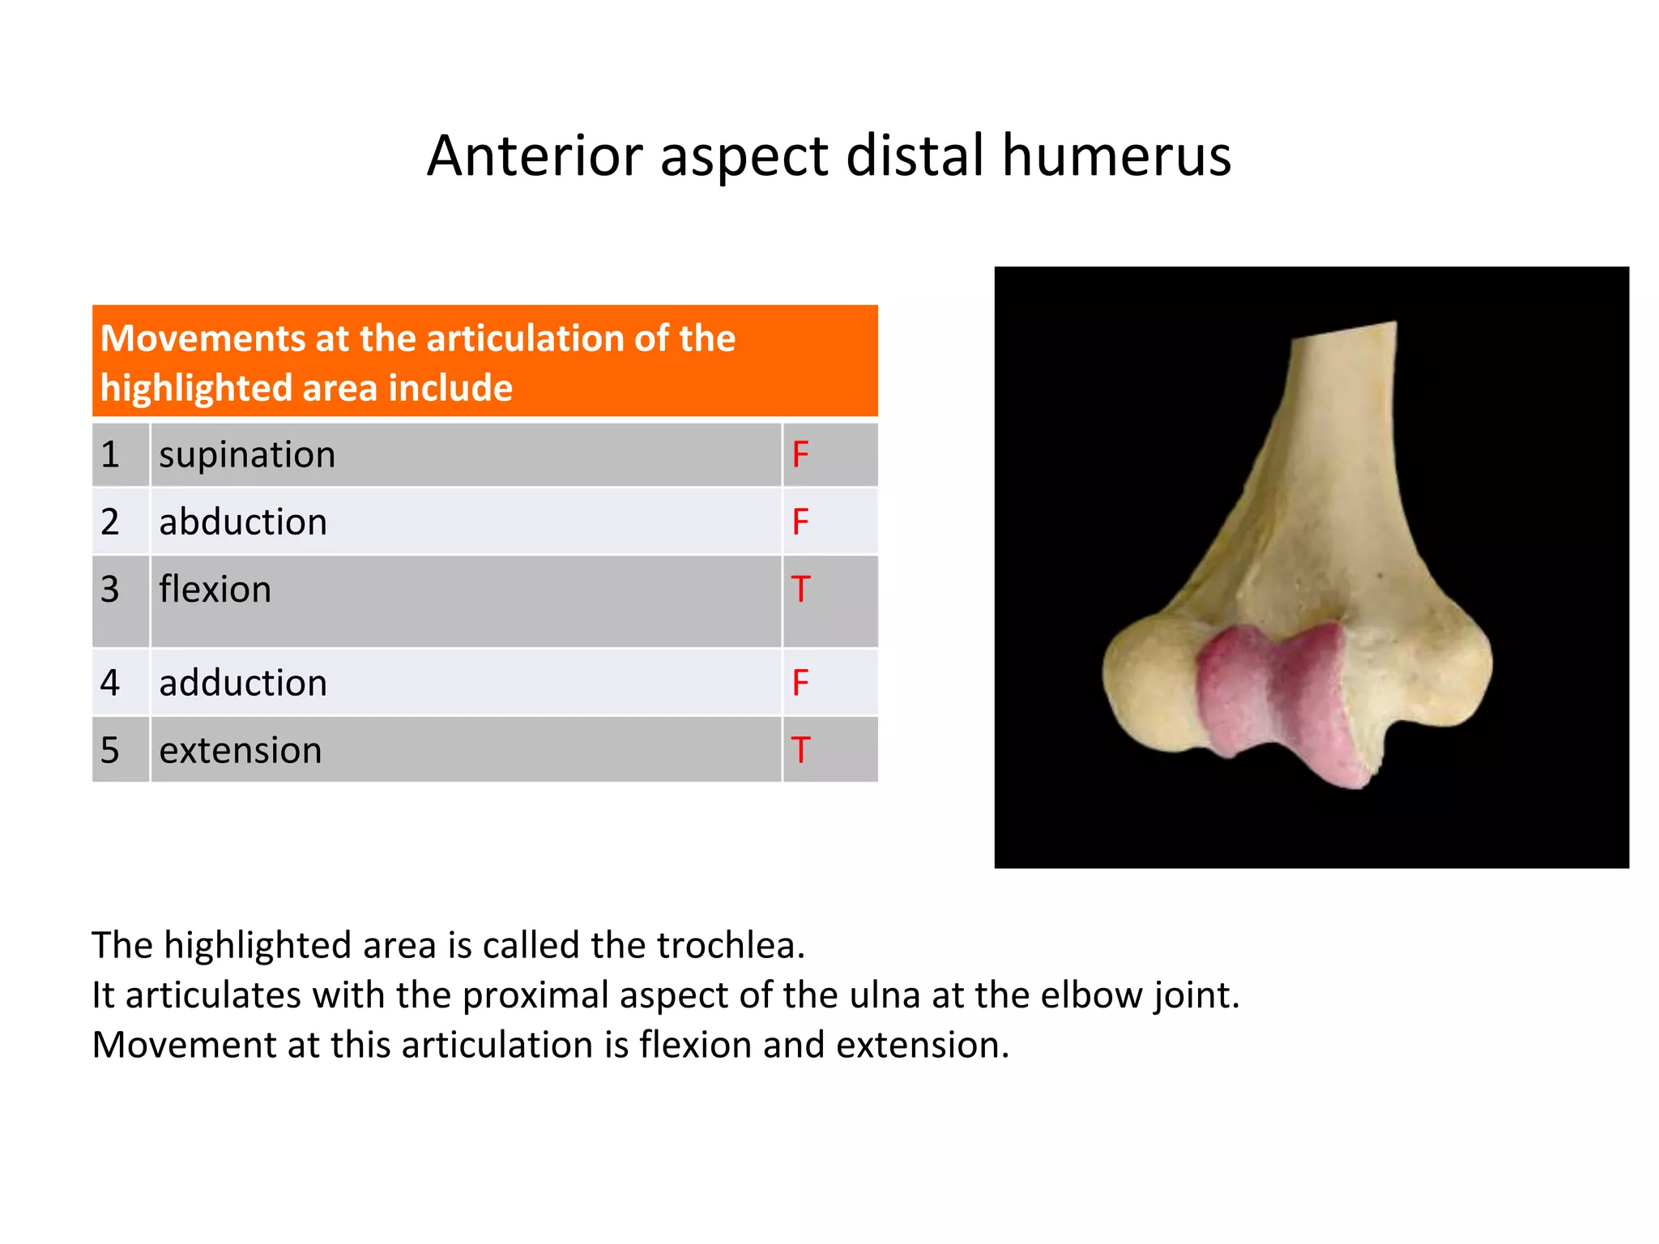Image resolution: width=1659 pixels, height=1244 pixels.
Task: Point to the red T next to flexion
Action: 800,590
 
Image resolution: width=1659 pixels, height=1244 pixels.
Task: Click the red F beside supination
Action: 800,454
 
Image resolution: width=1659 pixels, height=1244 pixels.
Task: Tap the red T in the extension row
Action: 800,751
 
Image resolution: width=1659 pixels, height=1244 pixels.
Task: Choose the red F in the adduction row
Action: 800,683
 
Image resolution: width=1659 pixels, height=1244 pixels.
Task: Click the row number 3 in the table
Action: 110,590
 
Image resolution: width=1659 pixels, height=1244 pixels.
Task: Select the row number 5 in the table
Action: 110,751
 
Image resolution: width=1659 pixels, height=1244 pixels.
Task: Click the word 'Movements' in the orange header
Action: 202,339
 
